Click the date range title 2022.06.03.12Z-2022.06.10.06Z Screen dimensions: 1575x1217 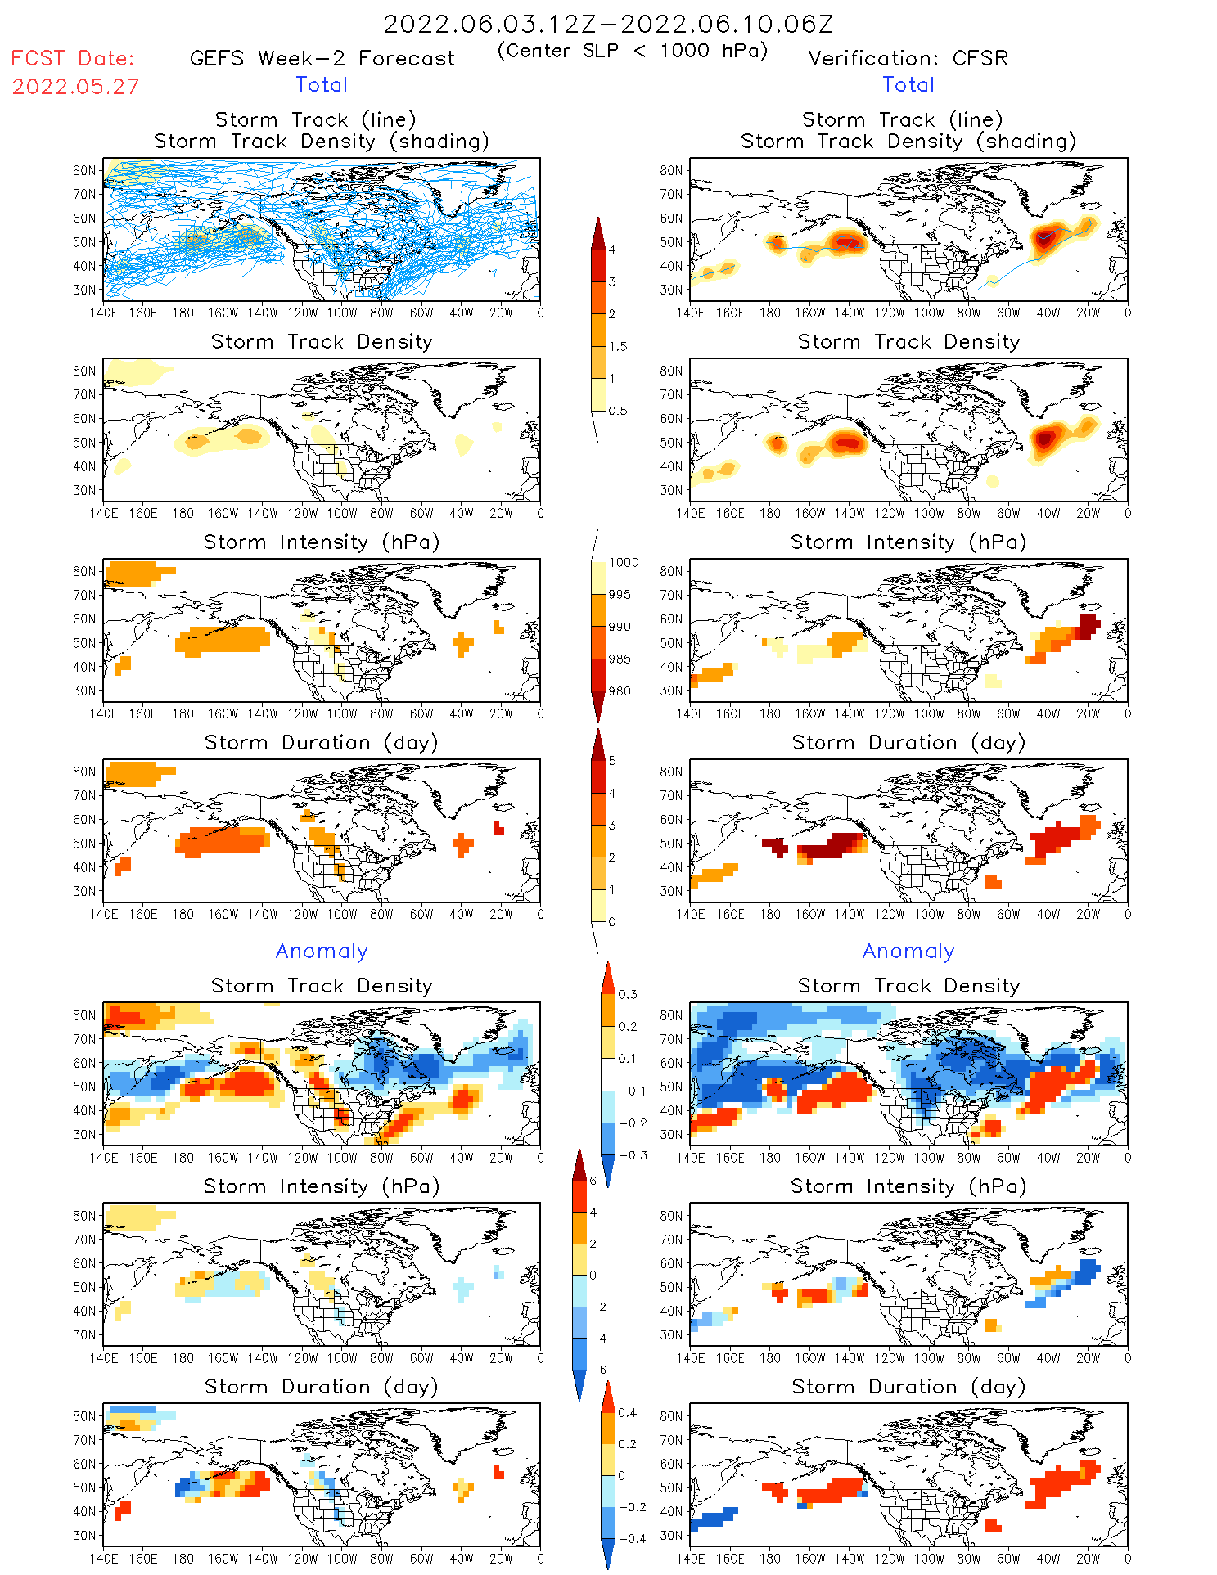click(608, 24)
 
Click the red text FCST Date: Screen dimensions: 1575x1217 click(73, 58)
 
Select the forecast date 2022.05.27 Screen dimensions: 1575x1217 click(75, 87)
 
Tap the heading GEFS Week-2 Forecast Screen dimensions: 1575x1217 click(322, 58)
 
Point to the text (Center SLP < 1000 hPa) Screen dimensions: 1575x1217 click(632, 51)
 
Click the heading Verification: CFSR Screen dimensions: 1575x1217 click(908, 58)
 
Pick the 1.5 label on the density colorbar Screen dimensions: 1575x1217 click(618, 346)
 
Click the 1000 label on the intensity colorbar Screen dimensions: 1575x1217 click(623, 563)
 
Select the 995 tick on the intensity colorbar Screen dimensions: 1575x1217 click(620, 595)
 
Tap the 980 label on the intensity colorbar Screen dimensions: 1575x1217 click(620, 691)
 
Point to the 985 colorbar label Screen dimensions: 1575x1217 click(620, 659)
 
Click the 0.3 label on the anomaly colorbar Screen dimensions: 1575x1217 click(627, 994)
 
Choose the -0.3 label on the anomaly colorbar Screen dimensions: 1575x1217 click(632, 1155)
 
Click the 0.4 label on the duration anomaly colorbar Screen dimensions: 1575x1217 click(627, 1412)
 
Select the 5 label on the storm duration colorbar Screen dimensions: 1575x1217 click(612, 761)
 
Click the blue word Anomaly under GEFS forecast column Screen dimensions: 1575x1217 click(322, 952)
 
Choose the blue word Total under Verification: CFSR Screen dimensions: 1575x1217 click(908, 84)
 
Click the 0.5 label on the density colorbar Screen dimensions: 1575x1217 click(618, 411)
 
